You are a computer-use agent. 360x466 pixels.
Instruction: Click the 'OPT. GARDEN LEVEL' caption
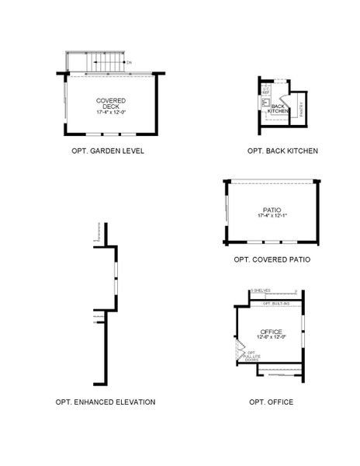pyautogui.click(x=108, y=151)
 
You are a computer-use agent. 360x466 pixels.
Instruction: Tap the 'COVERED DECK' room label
pyautogui.click(x=111, y=104)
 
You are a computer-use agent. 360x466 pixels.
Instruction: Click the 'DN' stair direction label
pyautogui.click(x=129, y=61)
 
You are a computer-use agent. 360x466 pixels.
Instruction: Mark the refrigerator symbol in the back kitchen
pyautogui.click(x=266, y=92)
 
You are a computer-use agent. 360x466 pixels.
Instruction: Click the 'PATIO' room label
pyautogui.click(x=272, y=210)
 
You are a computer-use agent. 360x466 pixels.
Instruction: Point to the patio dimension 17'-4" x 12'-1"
pyautogui.click(x=272, y=216)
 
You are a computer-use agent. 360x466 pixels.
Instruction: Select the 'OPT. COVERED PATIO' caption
pyautogui.click(x=272, y=259)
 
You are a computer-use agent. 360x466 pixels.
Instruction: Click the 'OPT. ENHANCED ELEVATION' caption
pyautogui.click(x=106, y=402)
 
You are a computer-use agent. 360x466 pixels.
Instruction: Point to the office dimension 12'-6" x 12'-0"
pyautogui.click(x=271, y=337)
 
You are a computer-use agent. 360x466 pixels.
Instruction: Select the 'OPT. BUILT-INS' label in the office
pyautogui.click(x=275, y=303)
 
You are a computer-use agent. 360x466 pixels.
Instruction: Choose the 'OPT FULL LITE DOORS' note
pyautogui.click(x=251, y=356)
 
